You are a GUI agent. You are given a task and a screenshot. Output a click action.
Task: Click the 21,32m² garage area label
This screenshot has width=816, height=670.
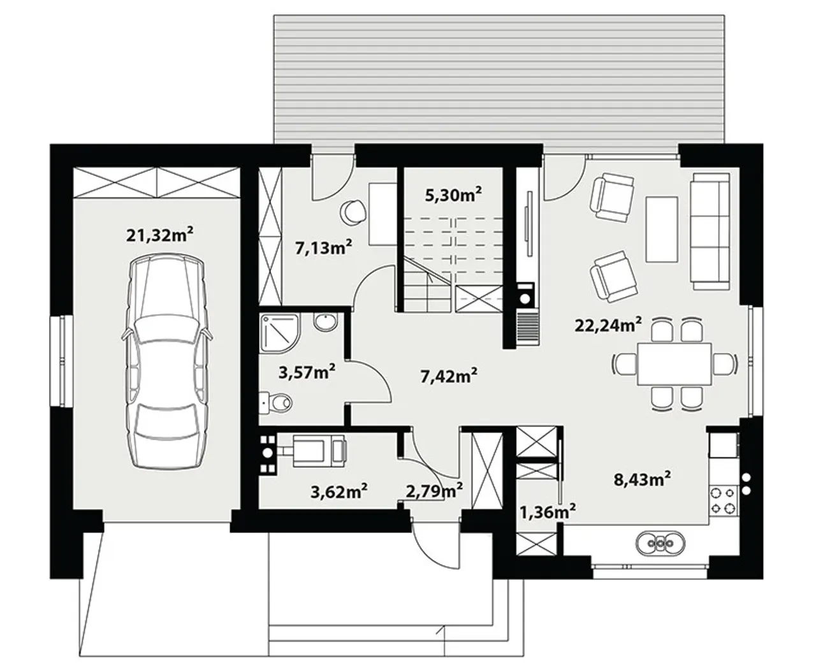[x=159, y=235]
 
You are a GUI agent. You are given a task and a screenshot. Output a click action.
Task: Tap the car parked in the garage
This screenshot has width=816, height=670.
[x=167, y=361]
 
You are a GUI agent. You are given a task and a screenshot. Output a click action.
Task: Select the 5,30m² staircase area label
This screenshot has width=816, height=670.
[x=453, y=194]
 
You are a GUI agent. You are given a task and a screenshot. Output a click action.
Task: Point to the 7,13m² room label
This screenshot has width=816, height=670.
[x=323, y=248]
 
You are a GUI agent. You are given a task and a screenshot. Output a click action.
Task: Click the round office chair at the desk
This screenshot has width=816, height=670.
[x=353, y=212]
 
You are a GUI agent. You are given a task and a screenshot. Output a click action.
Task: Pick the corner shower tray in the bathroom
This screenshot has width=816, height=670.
[x=280, y=333]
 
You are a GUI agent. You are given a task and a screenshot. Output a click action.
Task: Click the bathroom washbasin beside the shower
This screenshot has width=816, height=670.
[x=326, y=322]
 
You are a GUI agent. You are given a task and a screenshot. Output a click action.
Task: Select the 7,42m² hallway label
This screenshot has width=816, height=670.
[x=449, y=375]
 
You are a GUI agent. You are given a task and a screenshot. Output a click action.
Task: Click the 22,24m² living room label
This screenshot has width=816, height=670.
[x=608, y=325]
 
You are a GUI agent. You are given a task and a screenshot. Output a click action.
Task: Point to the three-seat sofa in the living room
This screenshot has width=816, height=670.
[x=711, y=231]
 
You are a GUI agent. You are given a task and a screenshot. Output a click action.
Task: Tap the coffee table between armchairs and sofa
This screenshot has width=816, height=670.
[x=662, y=229]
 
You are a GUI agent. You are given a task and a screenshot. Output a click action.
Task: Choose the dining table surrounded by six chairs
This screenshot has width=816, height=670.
[x=674, y=364]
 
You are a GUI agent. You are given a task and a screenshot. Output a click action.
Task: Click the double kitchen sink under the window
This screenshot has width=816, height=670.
[x=660, y=543]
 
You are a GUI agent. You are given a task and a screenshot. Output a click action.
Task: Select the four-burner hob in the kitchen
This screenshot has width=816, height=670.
[x=724, y=500]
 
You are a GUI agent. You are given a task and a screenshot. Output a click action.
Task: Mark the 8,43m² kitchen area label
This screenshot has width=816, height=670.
[x=642, y=479]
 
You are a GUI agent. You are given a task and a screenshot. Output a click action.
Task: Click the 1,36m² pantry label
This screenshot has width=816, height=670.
[x=547, y=513]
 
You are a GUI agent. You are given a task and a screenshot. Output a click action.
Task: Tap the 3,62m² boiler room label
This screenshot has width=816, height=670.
[x=339, y=492]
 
